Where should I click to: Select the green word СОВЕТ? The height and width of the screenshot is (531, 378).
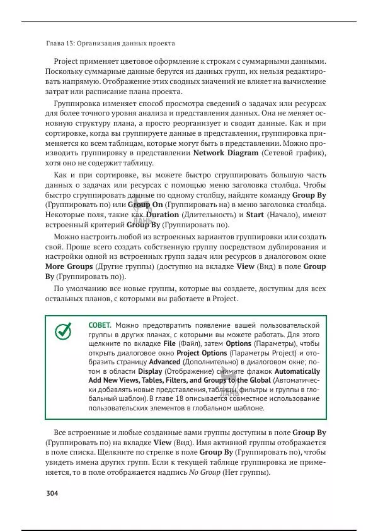click(x=100, y=324)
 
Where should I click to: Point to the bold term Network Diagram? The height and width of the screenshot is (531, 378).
click(x=225, y=153)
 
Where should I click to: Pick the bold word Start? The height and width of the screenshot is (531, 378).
click(x=255, y=215)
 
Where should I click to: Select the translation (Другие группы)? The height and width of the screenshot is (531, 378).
click(x=122, y=266)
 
